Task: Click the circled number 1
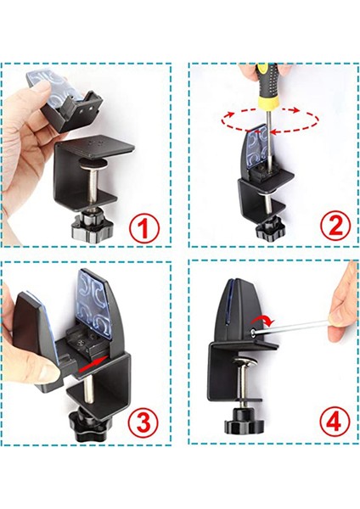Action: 144,227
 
